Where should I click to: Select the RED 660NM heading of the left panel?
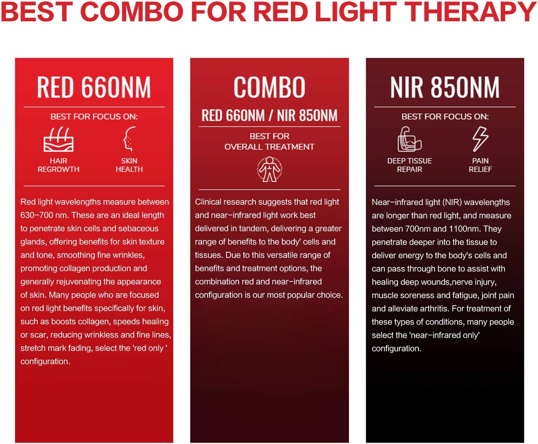click(94, 87)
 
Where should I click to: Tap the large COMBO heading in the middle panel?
click(269, 87)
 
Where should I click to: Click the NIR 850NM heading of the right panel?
click(445, 87)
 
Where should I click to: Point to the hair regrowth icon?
click(59, 139)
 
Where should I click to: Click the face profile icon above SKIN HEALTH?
click(129, 139)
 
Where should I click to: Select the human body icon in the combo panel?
click(270, 169)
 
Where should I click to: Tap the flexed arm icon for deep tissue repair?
click(409, 139)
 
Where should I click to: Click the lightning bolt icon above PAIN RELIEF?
click(480, 139)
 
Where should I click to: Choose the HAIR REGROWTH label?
click(59, 165)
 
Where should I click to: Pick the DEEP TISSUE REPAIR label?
click(409, 165)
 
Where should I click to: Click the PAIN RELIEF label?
click(480, 165)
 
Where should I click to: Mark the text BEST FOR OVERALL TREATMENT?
click(269, 141)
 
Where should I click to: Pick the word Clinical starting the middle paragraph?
click(208, 202)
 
